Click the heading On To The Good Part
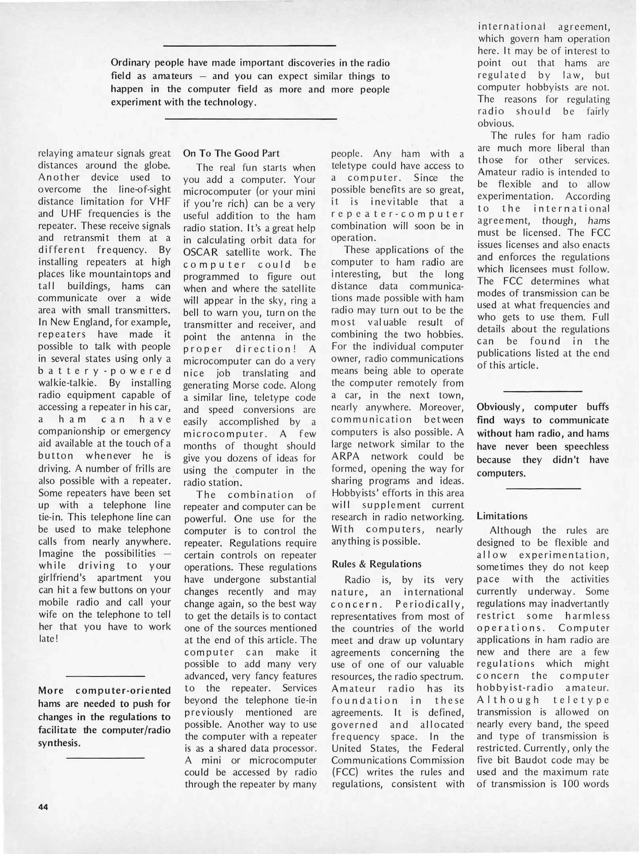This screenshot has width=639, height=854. [x=231, y=153]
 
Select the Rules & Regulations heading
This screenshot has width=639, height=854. [x=376, y=564]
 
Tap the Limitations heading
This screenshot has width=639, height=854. [x=502, y=516]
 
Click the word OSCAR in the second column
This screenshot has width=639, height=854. [x=202, y=252]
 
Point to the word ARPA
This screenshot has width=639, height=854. [x=345, y=456]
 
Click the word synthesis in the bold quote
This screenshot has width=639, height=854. [x=59, y=743]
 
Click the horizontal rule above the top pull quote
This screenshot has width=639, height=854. [x=249, y=46]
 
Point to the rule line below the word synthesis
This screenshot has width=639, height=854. [x=105, y=758]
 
